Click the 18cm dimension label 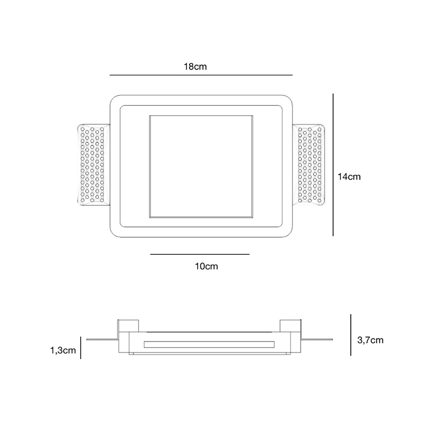196,67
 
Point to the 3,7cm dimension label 370,339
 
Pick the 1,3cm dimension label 62,350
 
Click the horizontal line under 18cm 200,74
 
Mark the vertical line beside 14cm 333,164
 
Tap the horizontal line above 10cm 200,254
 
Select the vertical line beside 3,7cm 351,335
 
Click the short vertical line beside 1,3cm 80,347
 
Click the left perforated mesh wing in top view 93,164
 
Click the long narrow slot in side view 209,344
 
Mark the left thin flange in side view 100,339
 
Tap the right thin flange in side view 317,339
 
